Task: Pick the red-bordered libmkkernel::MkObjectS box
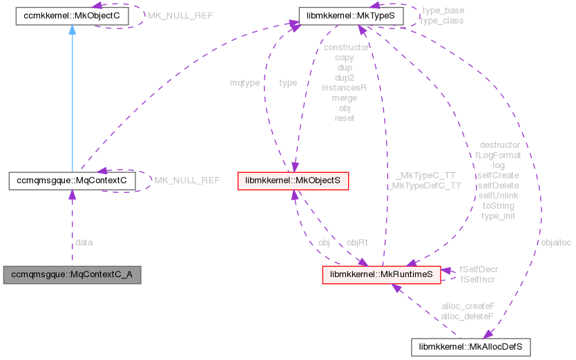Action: click(293, 181)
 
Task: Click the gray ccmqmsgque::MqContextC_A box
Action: click(72, 275)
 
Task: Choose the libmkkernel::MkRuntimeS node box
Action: click(381, 275)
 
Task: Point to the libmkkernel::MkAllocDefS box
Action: click(470, 344)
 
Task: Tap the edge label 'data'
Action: click(83, 243)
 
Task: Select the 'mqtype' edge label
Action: click(245, 83)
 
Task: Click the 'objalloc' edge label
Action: click(556, 243)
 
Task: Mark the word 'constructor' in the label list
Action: click(345, 48)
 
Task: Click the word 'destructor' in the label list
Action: click(499, 145)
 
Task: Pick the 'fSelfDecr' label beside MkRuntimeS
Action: click(479, 269)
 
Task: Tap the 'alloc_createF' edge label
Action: click(468, 306)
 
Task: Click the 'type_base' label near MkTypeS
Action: click(442, 11)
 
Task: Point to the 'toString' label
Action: click(499, 205)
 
